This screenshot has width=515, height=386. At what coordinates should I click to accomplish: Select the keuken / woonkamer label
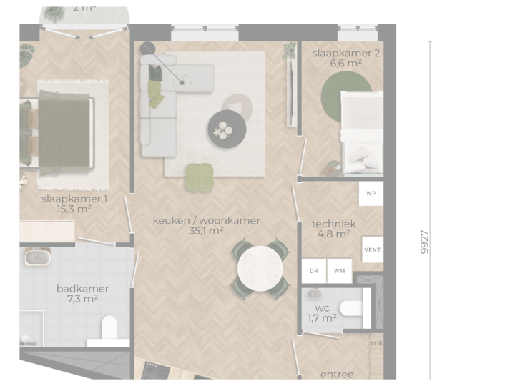[206, 221]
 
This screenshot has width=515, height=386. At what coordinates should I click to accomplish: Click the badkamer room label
[82, 289]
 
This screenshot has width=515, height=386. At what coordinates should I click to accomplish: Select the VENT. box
[373, 250]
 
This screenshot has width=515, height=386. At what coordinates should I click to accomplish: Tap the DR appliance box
[314, 271]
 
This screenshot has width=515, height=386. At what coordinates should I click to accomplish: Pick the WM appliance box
[339, 271]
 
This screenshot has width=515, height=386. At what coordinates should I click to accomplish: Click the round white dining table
[260, 267]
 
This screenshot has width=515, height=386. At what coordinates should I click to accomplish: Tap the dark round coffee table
[227, 129]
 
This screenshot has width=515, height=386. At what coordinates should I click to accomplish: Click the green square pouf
[199, 177]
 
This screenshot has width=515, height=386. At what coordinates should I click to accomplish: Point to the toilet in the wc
[350, 309]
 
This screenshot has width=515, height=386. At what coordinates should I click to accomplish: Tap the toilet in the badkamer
[109, 328]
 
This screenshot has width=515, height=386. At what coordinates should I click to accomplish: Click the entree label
[336, 374]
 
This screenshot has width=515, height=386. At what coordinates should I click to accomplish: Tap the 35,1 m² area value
[206, 231]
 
